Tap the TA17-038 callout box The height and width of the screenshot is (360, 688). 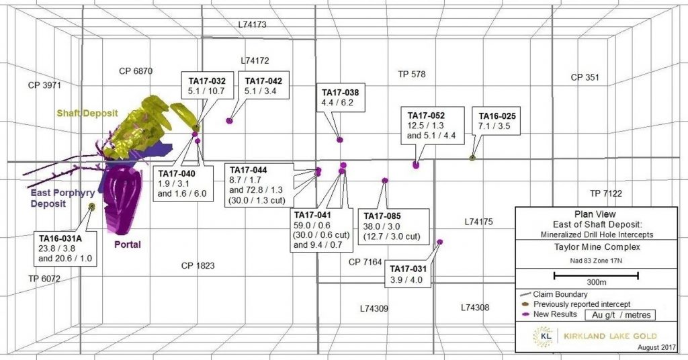click(341, 98)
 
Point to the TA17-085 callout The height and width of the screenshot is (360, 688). click(392, 226)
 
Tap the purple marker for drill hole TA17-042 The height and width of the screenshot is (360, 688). click(230, 121)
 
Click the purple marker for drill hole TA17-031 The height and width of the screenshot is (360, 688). click(440, 242)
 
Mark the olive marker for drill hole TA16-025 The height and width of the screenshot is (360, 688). click(472, 158)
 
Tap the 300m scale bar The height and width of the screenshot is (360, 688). click(595, 275)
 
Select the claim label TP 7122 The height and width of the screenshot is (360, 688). click(606, 193)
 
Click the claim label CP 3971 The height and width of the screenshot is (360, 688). click(44, 85)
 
